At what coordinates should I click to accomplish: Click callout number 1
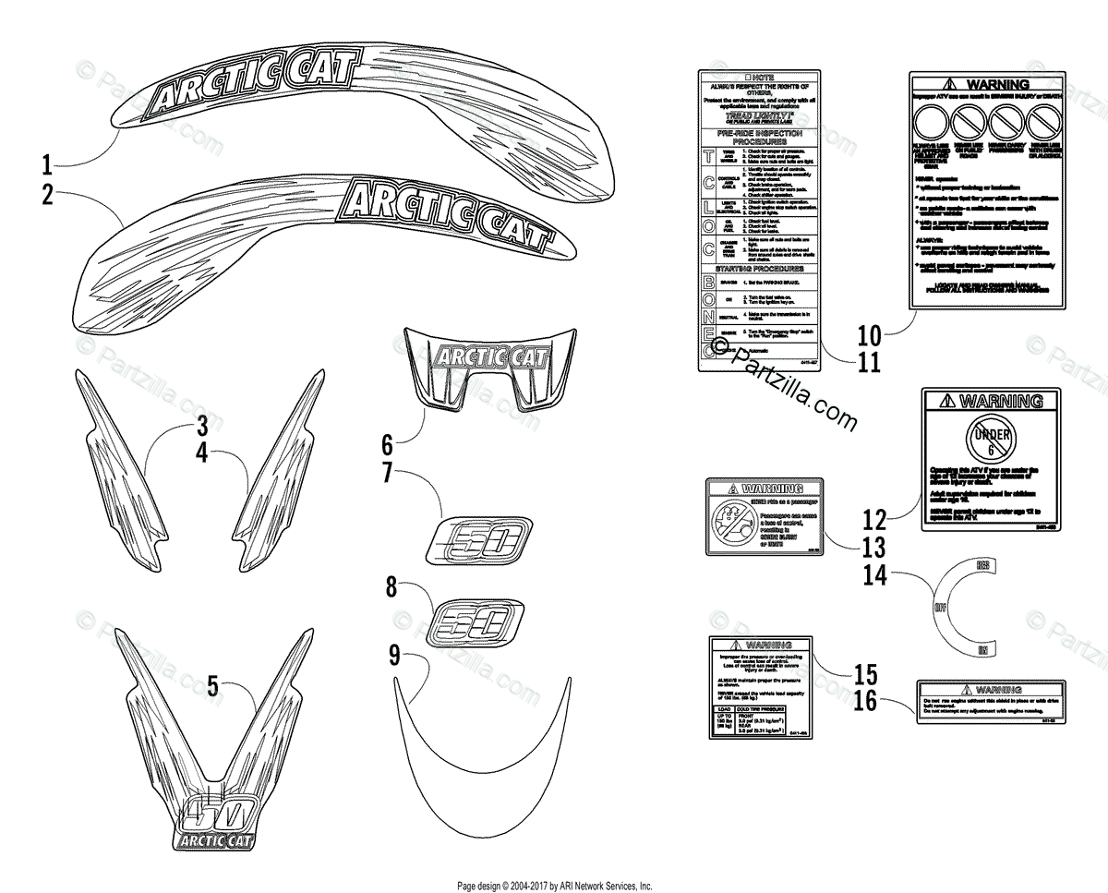[x=46, y=166]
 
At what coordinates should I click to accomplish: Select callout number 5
[x=212, y=686]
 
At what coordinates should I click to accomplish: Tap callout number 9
[x=394, y=657]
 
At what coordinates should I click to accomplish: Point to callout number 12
[x=873, y=519]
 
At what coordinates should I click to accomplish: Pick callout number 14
[x=873, y=575]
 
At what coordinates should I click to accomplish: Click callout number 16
[x=866, y=702]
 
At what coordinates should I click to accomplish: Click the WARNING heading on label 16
[x=990, y=689]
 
